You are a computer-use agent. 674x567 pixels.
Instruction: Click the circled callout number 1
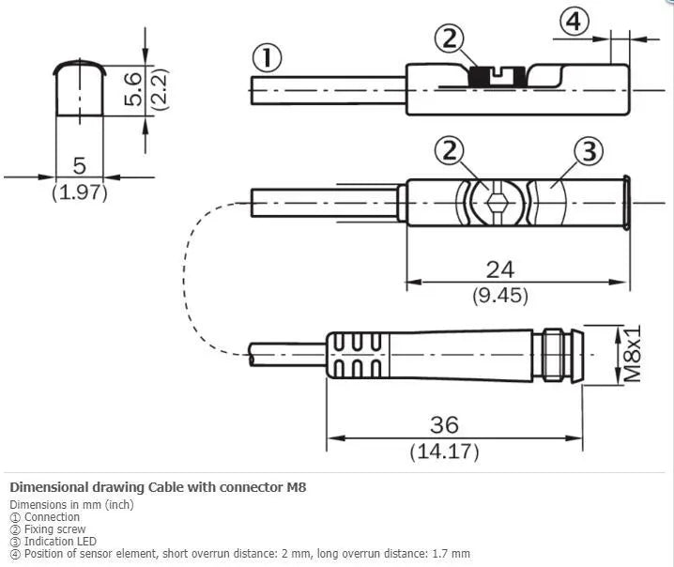click(x=267, y=58)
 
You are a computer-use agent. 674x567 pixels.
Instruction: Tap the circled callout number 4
click(x=574, y=21)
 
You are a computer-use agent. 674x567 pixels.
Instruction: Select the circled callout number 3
click(x=589, y=151)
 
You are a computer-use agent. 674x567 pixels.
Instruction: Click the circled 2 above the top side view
click(x=450, y=38)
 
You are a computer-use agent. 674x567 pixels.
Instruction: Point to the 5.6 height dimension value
click(x=132, y=88)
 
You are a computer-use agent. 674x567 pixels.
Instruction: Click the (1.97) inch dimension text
click(x=80, y=192)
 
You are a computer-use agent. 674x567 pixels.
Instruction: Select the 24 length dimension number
click(x=500, y=269)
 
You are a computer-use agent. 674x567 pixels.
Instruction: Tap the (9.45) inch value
click(x=500, y=296)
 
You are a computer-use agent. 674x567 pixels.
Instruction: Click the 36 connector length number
click(x=444, y=424)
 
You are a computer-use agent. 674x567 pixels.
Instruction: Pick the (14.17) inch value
click(x=444, y=452)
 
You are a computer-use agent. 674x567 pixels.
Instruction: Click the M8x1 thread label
click(x=632, y=354)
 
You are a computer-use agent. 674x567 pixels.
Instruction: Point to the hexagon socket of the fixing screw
click(x=497, y=202)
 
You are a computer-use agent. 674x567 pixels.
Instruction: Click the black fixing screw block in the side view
click(x=497, y=77)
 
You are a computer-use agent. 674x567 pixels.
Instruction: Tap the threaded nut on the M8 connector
click(x=553, y=355)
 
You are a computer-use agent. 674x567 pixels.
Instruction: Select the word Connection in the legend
click(x=52, y=516)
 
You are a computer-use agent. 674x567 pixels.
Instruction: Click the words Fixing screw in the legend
click(x=55, y=529)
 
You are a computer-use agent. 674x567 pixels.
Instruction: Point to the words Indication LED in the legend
click(x=60, y=542)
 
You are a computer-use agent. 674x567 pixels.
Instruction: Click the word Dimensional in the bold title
click(x=49, y=487)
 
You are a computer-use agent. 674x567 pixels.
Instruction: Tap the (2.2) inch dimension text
click(x=159, y=89)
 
